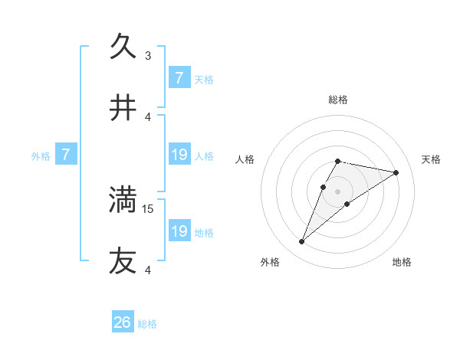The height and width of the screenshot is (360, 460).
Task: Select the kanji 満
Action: tap(123, 200)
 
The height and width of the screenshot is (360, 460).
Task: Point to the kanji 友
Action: tap(123, 261)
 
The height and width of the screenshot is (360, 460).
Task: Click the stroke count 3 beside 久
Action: tap(148, 55)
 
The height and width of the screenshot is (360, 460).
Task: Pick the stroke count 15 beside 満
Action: tap(149, 208)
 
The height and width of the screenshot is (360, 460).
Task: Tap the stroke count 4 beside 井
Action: tap(148, 116)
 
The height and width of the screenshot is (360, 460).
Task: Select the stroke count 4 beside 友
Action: tap(148, 270)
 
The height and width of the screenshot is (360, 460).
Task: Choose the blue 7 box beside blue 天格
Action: tap(179, 78)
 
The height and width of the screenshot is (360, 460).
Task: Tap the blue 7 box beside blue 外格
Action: tap(66, 155)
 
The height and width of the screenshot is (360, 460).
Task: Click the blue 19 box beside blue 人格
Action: tap(179, 155)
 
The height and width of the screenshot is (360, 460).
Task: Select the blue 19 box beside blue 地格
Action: tap(179, 231)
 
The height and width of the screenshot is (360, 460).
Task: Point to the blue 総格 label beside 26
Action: tap(147, 324)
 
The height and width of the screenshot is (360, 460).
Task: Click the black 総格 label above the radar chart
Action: tap(337, 100)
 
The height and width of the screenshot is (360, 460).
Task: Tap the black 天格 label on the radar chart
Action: tap(432, 159)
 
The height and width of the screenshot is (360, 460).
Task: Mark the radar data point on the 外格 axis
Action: tap(302, 242)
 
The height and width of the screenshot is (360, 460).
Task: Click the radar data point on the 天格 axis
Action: tap(396, 172)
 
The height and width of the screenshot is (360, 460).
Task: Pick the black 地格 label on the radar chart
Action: tap(402, 263)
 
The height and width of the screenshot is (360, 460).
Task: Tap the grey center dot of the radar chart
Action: tap(337, 191)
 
